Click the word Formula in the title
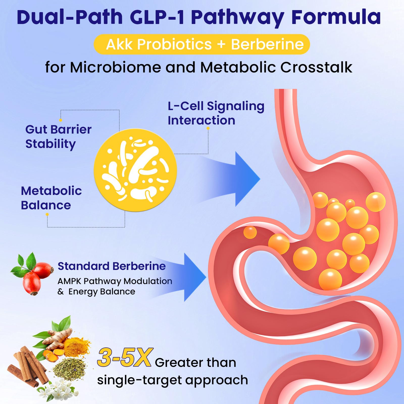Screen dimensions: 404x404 pos(336,17)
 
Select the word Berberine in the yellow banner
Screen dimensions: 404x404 pos(267,44)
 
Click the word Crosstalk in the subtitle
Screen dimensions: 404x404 pos(316,67)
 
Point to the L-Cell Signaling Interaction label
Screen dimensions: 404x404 pos(216,113)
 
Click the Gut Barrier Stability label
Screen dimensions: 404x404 pos(58,137)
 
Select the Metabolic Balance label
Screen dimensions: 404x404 pos(51,198)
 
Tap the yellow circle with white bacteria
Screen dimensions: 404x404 pos(135,170)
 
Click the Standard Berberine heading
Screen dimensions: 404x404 pos(112,266)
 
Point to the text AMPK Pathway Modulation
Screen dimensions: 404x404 pos(115,281)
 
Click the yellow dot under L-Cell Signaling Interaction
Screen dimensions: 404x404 pos(208,128)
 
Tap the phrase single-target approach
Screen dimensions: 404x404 pos(172,380)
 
